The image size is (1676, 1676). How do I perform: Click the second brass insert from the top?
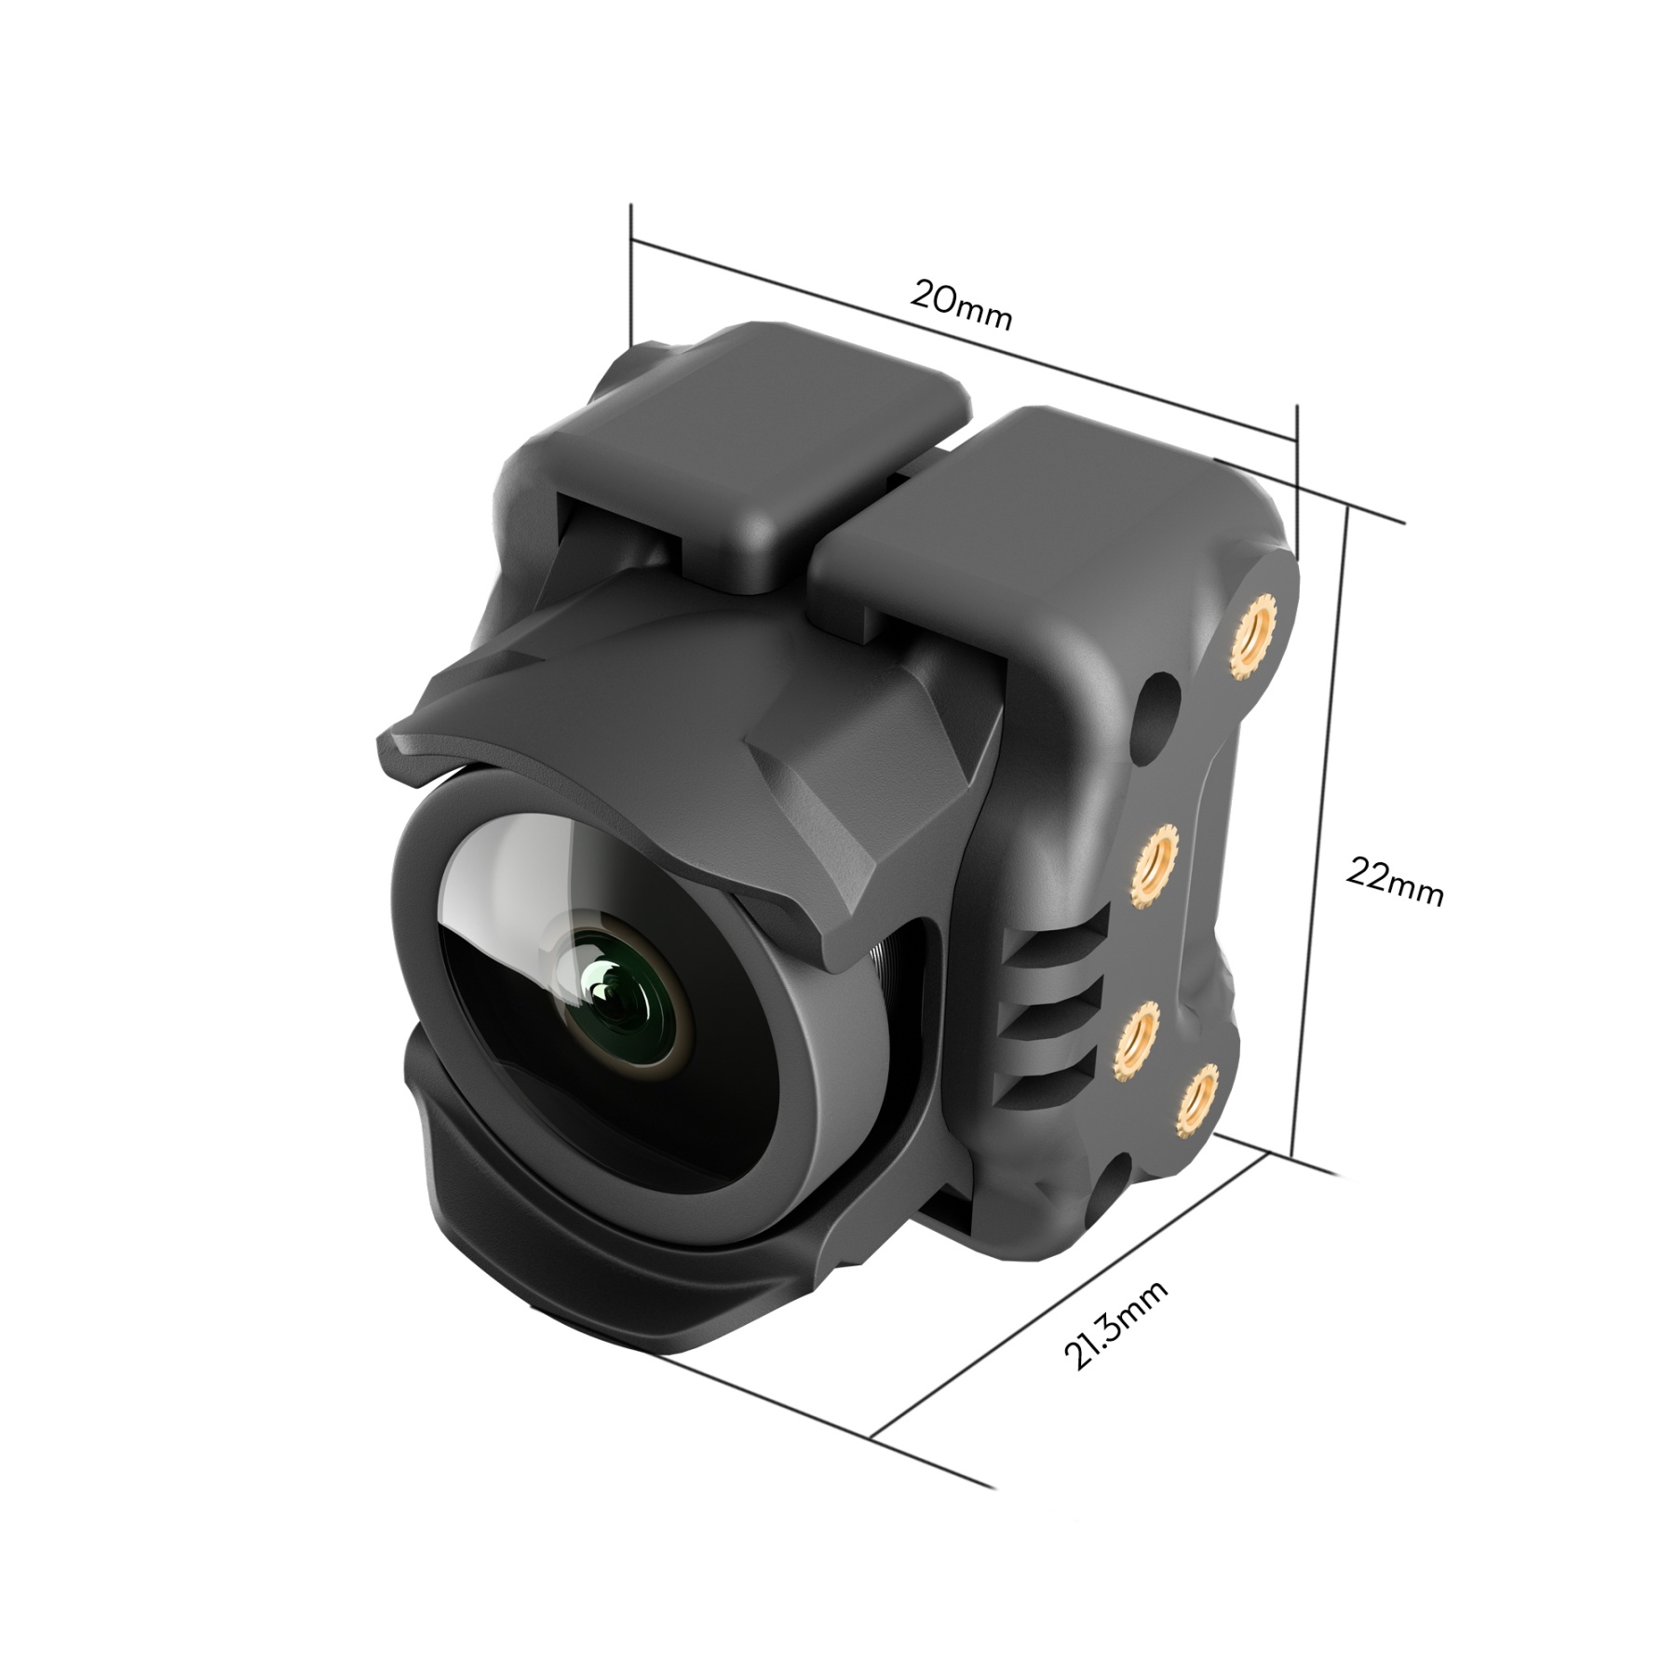coord(1158,860)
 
